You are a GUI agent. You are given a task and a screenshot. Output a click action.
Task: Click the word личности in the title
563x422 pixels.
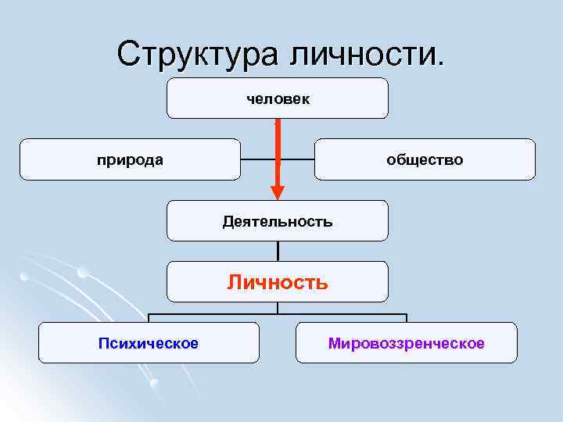coord(368,54)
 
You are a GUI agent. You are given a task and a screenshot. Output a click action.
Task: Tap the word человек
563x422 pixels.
coord(278,98)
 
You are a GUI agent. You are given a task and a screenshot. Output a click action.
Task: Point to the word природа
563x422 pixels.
coord(130,159)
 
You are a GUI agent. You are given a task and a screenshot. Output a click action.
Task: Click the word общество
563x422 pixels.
coord(425,159)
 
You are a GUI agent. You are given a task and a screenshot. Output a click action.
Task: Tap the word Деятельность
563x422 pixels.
coord(278,221)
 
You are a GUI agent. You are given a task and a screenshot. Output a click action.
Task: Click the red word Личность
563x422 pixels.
coord(278,282)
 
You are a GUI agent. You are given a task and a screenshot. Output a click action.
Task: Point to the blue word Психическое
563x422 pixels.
coord(149,343)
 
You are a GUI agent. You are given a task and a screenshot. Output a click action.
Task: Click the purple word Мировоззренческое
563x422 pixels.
coord(406,343)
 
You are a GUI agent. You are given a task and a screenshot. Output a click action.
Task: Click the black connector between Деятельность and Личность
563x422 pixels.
coord(278,250)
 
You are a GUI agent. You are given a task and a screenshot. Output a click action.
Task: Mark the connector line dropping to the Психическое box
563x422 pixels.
coord(149,317)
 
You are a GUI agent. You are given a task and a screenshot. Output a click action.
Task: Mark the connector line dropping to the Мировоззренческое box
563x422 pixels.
coord(406,317)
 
